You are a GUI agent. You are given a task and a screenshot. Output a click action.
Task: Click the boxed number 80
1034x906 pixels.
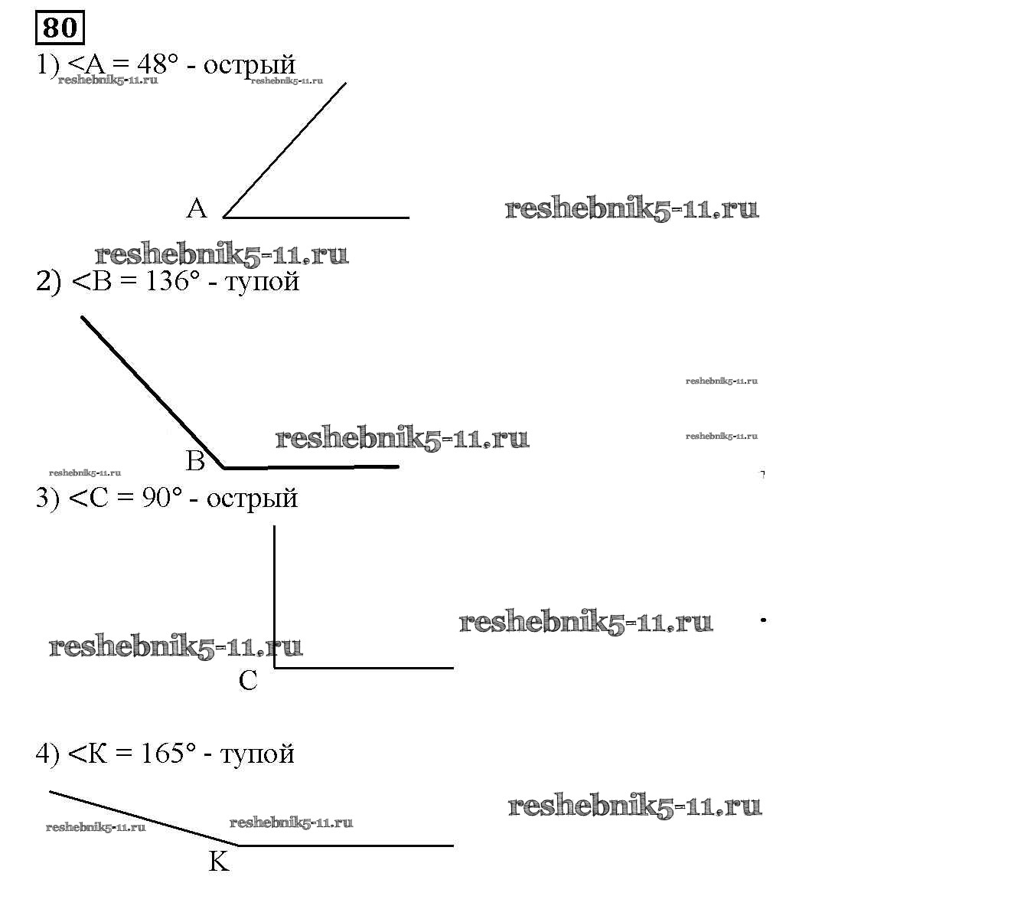(60, 28)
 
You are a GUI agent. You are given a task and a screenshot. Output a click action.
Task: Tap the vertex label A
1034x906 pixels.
(197, 208)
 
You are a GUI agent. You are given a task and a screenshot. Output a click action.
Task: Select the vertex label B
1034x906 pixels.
(195, 460)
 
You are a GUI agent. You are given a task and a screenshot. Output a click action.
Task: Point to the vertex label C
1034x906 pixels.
(248, 680)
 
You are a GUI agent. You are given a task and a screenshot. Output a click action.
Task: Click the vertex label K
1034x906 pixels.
(219, 862)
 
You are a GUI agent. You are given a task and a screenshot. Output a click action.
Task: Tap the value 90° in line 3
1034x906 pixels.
(162, 498)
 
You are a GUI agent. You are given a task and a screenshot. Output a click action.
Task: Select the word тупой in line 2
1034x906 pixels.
(263, 283)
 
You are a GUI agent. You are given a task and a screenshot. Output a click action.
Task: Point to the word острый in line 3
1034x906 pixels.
(252, 499)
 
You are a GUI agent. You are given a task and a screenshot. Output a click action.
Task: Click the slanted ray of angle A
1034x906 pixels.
(285, 149)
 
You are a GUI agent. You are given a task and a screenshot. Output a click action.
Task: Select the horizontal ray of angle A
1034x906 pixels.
(316, 218)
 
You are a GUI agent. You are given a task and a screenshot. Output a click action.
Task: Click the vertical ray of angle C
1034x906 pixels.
(275, 597)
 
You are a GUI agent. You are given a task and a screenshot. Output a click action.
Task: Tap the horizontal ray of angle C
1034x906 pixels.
(364, 668)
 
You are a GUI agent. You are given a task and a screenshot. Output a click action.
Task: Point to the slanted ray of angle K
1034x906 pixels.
(143, 818)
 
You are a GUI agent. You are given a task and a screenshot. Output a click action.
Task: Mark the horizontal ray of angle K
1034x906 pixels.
(346, 846)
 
